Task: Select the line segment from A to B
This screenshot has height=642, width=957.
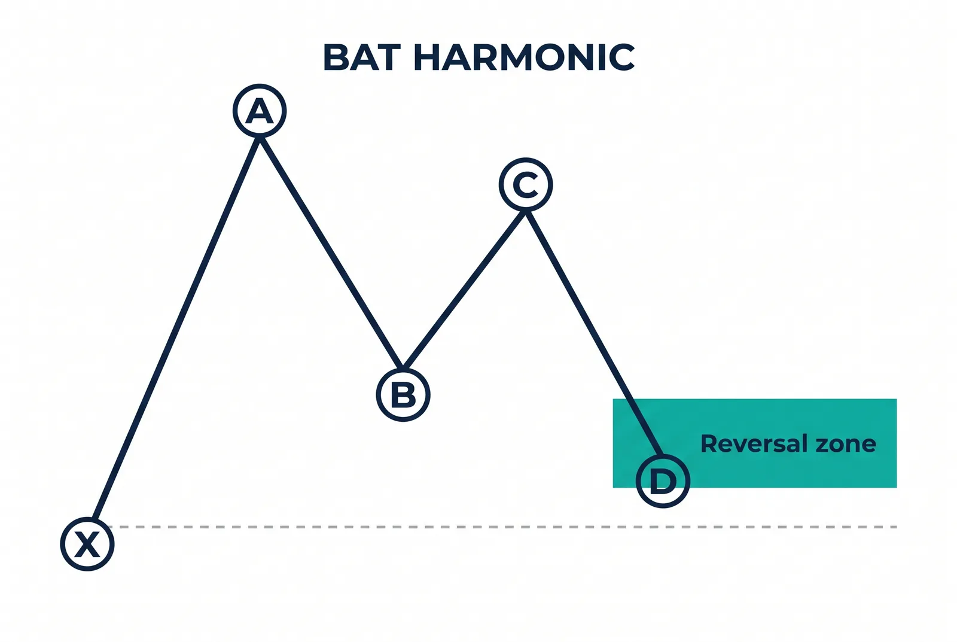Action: (x=331, y=252)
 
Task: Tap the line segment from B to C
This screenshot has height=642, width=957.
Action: (x=464, y=290)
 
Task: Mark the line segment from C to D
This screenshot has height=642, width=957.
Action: (x=595, y=333)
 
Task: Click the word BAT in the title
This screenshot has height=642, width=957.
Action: (x=363, y=57)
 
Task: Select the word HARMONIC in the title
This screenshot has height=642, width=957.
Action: (x=525, y=57)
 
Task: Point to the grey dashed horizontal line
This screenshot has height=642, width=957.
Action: (x=502, y=527)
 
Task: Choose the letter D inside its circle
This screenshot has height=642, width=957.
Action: (x=663, y=481)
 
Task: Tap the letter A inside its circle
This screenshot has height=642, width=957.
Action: (x=260, y=111)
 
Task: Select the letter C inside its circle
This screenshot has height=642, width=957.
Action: (x=526, y=185)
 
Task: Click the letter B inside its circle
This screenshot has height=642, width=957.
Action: (x=403, y=395)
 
